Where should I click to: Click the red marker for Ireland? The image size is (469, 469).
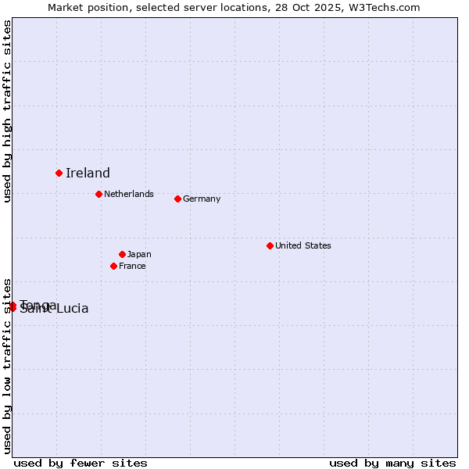pyautogui.click(x=59, y=173)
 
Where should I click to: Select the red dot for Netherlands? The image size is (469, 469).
pyautogui.click(x=98, y=194)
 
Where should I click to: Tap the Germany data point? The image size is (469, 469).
pyautogui.click(x=177, y=199)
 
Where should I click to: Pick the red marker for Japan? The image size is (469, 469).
pyautogui.click(x=122, y=254)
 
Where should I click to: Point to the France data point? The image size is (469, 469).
pyautogui.click(x=113, y=266)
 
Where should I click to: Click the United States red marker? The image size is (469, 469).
pyautogui.click(x=270, y=245)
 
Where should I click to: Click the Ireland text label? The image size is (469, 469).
pyautogui.click(x=88, y=174)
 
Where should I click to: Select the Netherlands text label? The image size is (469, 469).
pyautogui.click(x=129, y=194)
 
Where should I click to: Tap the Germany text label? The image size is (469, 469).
pyautogui.click(x=202, y=199)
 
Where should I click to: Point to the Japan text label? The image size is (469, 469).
pyautogui.click(x=139, y=254)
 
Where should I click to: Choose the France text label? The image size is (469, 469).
pyautogui.click(x=132, y=266)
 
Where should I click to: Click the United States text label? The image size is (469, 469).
pyautogui.click(x=303, y=245)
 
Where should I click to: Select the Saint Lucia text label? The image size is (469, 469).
pyautogui.click(x=55, y=309)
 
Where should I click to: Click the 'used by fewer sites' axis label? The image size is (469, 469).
pyautogui.click(x=81, y=463)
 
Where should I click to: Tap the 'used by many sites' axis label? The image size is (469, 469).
pyautogui.click(x=392, y=463)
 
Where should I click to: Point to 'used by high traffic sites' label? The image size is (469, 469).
pyautogui.click(x=7, y=111)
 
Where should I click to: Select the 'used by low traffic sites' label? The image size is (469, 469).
pyautogui.click(x=7, y=365)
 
